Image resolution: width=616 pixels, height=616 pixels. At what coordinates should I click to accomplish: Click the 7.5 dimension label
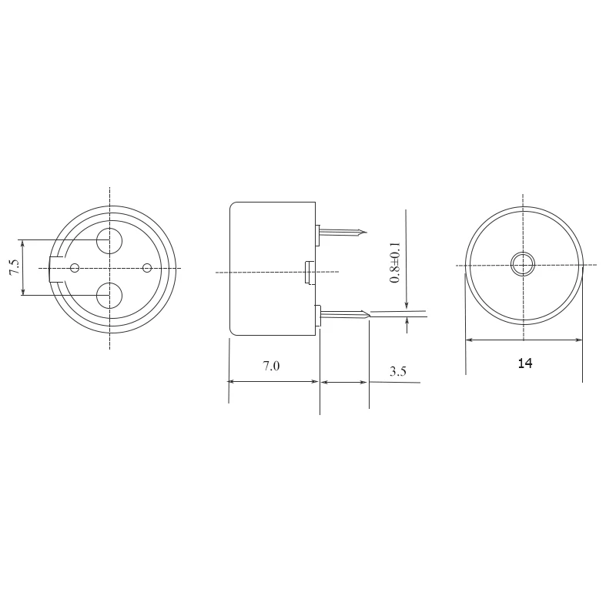[x=14, y=268]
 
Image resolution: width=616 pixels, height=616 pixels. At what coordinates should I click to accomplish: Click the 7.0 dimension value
[x=271, y=367]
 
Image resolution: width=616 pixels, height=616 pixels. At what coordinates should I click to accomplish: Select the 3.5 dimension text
[x=397, y=371]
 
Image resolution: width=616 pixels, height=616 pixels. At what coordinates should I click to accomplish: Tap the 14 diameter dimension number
[x=525, y=363]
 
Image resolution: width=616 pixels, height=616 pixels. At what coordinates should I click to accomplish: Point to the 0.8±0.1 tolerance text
[x=395, y=263]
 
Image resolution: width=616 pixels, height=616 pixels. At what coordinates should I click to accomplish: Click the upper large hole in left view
[x=109, y=241]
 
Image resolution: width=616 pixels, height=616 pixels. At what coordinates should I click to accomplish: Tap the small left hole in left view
[x=75, y=268]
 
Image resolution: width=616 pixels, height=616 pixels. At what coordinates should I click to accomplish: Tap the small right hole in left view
[x=147, y=268]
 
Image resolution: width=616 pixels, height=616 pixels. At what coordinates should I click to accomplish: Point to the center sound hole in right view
[x=523, y=265]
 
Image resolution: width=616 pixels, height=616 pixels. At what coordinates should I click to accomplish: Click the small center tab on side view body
[x=309, y=271]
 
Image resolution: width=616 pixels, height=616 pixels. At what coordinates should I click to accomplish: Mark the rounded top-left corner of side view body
[x=234, y=206]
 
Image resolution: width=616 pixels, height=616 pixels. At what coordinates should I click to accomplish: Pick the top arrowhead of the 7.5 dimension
[x=23, y=243]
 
